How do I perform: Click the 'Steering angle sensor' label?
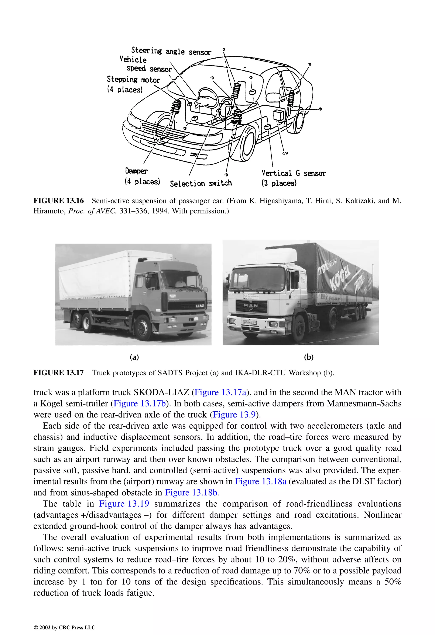pyautogui.click(x=171, y=51)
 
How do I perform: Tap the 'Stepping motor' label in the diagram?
pyautogui.click(x=133, y=80)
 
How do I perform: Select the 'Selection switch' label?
pyautogui.click(x=201, y=183)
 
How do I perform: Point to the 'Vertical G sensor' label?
pyautogui.click(x=293, y=173)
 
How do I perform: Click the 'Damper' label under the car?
pyautogui.click(x=136, y=171)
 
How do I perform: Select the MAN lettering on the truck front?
pyautogui.click(x=251, y=306)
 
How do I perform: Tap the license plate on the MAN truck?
pyautogui.click(x=250, y=322)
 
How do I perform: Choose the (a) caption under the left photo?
pyautogui.click(x=134, y=357)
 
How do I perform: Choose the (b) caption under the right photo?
pyautogui.click(x=309, y=357)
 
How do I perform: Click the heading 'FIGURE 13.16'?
pyautogui.click(x=59, y=201)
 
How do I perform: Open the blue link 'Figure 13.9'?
pyautogui.click(x=234, y=415)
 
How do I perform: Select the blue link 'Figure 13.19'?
pyautogui.click(x=124, y=504)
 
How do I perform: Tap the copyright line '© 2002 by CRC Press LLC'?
pyautogui.click(x=64, y=627)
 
